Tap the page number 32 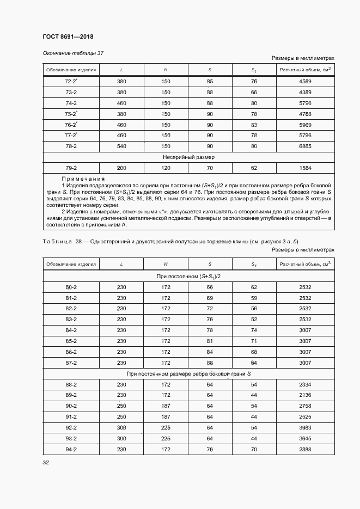46,463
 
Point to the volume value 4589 305,82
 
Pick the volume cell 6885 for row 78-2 305,146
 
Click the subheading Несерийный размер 188,157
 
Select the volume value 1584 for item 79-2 305,168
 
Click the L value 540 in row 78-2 121,146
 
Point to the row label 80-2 71,287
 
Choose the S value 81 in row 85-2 210,341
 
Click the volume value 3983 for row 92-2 305,427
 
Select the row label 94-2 71,449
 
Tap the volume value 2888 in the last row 305,449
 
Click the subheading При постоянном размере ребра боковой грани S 188,373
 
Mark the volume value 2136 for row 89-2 305,395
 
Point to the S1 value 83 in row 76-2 254,125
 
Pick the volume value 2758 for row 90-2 305,406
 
